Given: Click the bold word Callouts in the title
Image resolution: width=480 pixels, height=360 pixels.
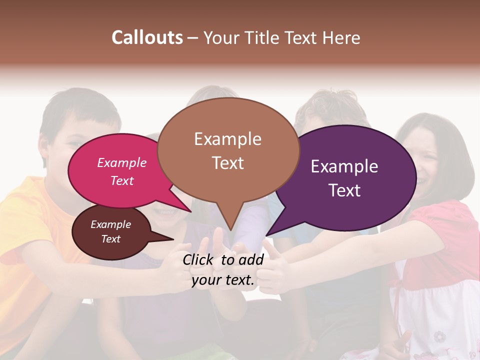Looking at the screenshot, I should point(147,37).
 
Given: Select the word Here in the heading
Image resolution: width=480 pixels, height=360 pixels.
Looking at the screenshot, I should point(342,37).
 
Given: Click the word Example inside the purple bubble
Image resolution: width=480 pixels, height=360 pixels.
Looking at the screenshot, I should point(344,166).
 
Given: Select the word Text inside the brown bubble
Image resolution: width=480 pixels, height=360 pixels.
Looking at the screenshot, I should point(228,163).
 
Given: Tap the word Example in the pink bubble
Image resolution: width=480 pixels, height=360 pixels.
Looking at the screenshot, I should point(122,162).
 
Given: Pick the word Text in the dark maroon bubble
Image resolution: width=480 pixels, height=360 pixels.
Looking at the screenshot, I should point(111,239).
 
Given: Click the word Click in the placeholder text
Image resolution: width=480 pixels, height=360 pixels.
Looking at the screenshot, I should point(198,259).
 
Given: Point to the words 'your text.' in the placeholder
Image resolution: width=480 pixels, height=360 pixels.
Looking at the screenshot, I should point(223,280).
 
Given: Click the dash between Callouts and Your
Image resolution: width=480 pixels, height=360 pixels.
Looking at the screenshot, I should point(193,38).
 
